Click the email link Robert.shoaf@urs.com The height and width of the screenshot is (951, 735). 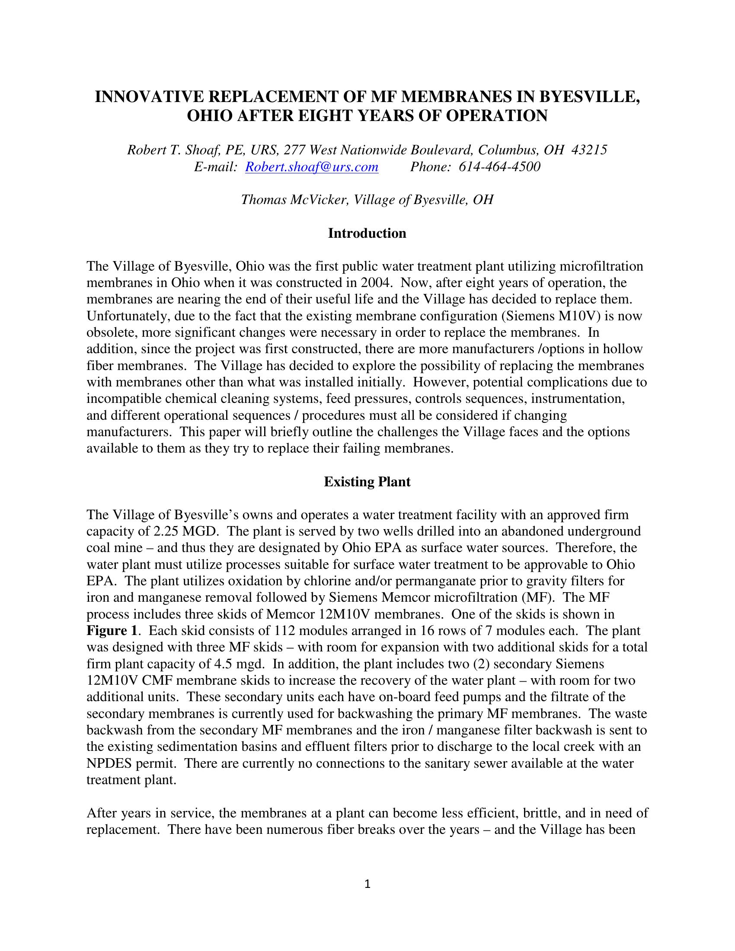click(x=312, y=167)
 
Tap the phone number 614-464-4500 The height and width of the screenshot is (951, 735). click(x=500, y=167)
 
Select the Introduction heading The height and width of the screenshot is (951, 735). click(x=367, y=233)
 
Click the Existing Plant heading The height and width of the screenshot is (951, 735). click(x=367, y=482)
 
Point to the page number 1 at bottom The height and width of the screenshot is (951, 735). click(x=367, y=884)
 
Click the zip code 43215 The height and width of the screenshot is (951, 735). click(x=589, y=150)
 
